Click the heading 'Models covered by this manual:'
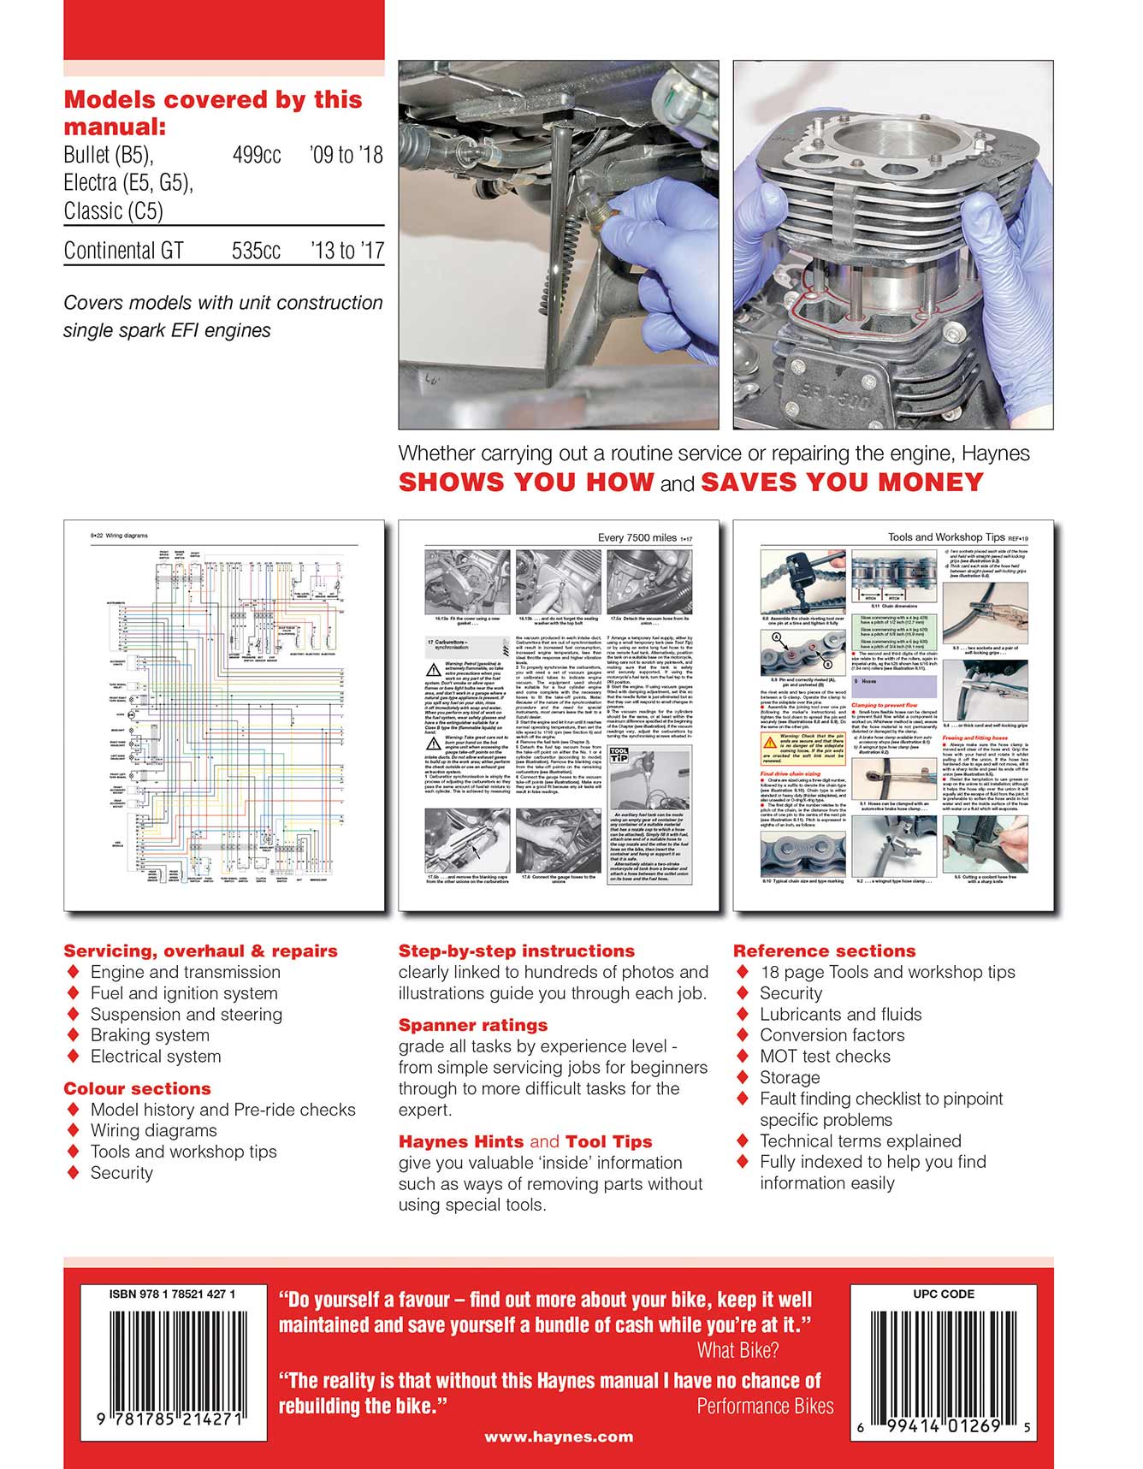212,113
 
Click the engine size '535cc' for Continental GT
256,251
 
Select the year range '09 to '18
346,155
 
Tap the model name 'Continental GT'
123,251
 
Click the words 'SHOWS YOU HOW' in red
526,483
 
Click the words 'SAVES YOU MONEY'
842,483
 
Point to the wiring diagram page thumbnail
223,714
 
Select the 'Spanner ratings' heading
472,1025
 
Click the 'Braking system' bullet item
150,1035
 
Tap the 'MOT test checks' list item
825,1057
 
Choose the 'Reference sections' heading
824,951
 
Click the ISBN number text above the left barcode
172,1294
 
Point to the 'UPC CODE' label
943,1294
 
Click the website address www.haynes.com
559,1437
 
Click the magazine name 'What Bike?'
737,1351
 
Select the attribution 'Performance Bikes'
765,1407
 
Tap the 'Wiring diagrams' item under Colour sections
153,1130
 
